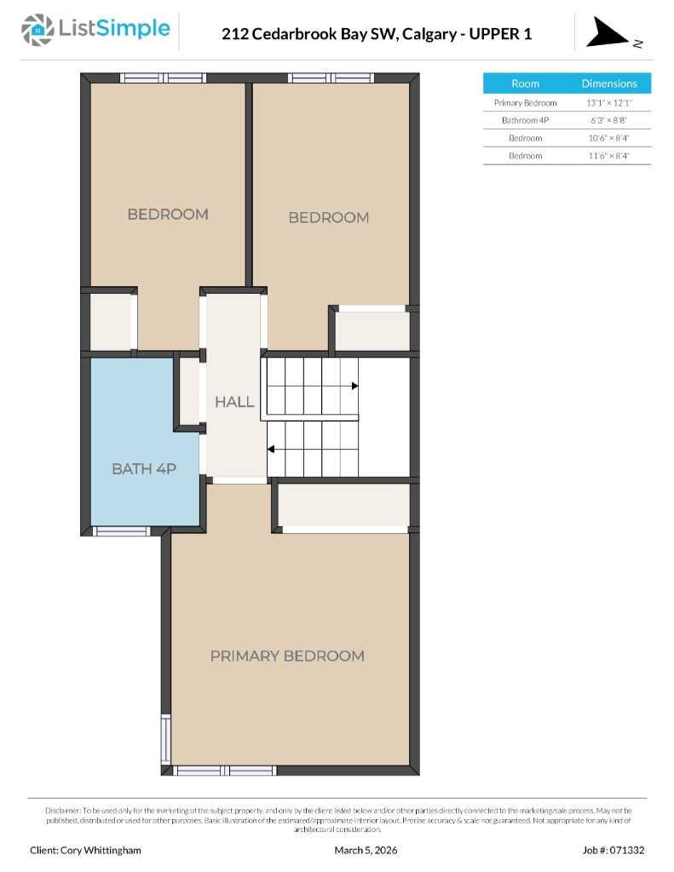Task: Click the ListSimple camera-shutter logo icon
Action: coord(37,30)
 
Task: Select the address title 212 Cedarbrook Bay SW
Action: coord(376,34)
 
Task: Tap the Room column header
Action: coord(525,83)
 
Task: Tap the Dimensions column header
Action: coord(608,83)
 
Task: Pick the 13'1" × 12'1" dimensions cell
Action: coord(608,103)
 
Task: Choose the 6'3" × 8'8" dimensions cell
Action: coord(608,121)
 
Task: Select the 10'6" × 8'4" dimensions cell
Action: coord(608,138)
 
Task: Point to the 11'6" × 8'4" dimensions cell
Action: coord(608,156)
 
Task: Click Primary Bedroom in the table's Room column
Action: coord(525,103)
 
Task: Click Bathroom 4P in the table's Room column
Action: coord(525,121)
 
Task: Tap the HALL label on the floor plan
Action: coord(233,402)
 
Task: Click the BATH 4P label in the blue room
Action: coord(144,468)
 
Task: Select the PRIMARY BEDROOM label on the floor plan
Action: coord(287,656)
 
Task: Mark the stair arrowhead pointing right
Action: coord(354,386)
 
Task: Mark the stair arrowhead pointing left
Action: coord(272,448)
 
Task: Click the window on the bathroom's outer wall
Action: coord(121,531)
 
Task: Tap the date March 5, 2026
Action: coord(366,850)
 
